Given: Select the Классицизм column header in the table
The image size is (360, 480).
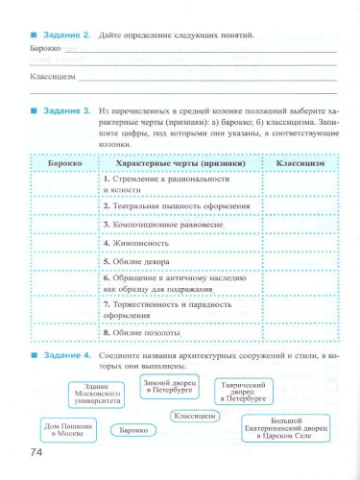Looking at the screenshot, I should click(x=300, y=164).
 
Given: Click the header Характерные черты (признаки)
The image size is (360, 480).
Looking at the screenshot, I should click(x=180, y=164).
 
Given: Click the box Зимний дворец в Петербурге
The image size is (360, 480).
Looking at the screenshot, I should click(x=168, y=387).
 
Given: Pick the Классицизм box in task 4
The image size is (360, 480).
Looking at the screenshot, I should click(x=195, y=416).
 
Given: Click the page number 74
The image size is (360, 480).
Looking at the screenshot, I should click(x=37, y=453).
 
